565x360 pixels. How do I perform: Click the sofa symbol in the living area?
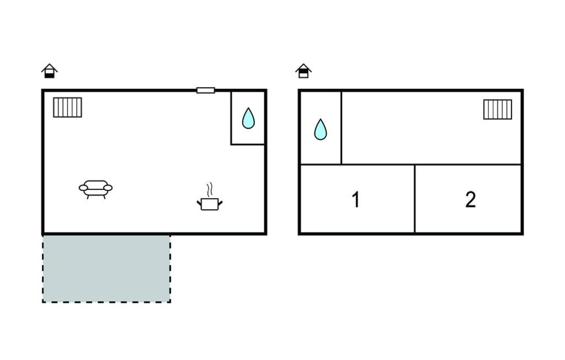[x=95, y=189]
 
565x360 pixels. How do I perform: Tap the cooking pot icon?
[x=210, y=204]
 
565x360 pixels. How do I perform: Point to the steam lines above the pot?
[x=210, y=189]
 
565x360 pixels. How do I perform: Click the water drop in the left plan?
[x=248, y=118]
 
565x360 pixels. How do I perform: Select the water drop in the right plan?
[x=321, y=130]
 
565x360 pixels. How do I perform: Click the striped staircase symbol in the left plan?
[x=67, y=108]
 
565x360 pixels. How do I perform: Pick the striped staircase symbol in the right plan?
[x=498, y=109]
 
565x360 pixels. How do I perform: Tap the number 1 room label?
[x=356, y=199]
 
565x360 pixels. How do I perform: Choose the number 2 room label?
[x=471, y=199]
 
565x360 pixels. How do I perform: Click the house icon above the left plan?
[x=49, y=71]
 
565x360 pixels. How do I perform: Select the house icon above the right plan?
[x=303, y=71]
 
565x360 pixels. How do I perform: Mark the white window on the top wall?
[x=206, y=90]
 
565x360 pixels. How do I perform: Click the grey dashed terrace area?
[x=106, y=269]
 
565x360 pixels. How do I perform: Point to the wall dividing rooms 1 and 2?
[x=415, y=199]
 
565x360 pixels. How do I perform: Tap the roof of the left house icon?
[x=49, y=67]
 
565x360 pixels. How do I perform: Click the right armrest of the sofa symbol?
[x=108, y=188]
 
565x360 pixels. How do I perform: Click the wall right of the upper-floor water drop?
[x=341, y=128]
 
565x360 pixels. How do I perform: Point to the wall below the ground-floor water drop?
[x=248, y=145]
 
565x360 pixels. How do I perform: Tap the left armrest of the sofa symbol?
[x=83, y=188]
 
